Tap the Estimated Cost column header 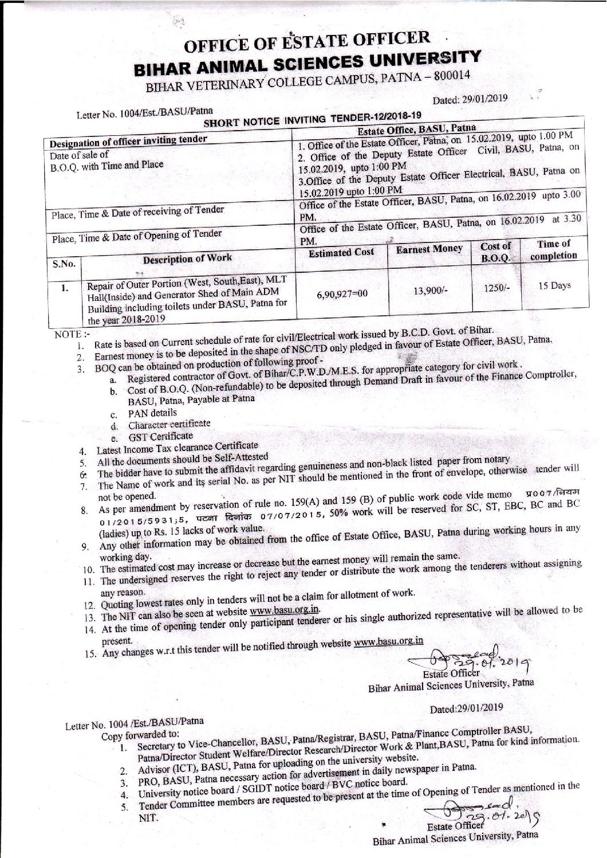click(342, 252)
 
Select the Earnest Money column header click(429, 249)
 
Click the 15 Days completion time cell click(553, 285)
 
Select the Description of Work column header click(187, 258)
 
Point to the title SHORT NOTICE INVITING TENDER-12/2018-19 click(320, 117)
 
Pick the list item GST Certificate click(160, 436)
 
